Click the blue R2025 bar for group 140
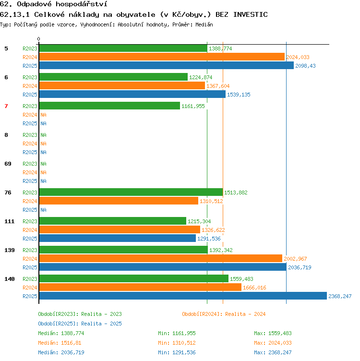[x=183, y=296]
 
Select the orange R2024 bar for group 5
[x=162, y=57]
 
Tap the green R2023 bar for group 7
[x=109, y=106]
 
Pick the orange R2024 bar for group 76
[x=119, y=201]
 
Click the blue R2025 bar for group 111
[x=118, y=238]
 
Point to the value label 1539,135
[x=239, y=95]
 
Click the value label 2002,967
[x=295, y=259]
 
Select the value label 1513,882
[x=236, y=193]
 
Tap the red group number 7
[x=6, y=106]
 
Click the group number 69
[x=8, y=164]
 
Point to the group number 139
[x=10, y=250]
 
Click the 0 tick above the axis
[x=38, y=39]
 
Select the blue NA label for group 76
[x=43, y=210]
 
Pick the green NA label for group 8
[x=43, y=135]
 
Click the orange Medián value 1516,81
[x=71, y=343]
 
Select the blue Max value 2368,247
[x=280, y=352]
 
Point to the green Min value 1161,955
[x=184, y=333]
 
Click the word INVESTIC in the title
[x=251, y=14]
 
